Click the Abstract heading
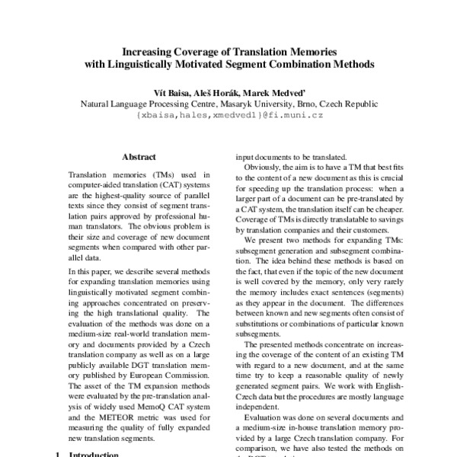coord(139,157)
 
